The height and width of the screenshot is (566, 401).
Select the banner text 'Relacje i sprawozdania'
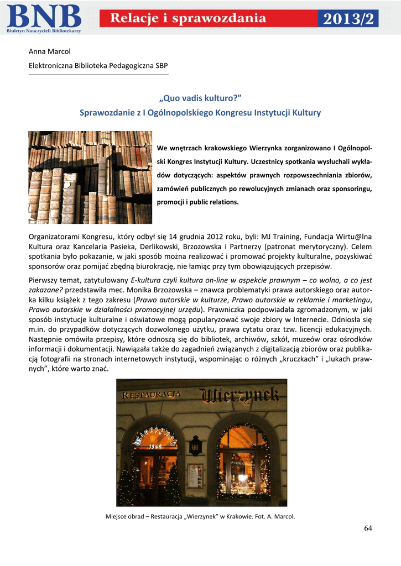(188, 19)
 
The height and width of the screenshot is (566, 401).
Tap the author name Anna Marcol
(49, 51)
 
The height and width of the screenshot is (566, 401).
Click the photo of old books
(90, 177)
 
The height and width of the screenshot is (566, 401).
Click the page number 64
(368, 528)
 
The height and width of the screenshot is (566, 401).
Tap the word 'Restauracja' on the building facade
(152, 394)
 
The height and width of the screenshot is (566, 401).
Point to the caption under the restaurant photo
(200, 516)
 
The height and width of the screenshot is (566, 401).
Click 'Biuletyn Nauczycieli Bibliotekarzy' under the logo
(44, 31)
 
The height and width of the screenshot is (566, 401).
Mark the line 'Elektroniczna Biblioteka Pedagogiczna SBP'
(98, 66)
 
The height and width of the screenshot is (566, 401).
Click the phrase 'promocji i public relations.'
(197, 202)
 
